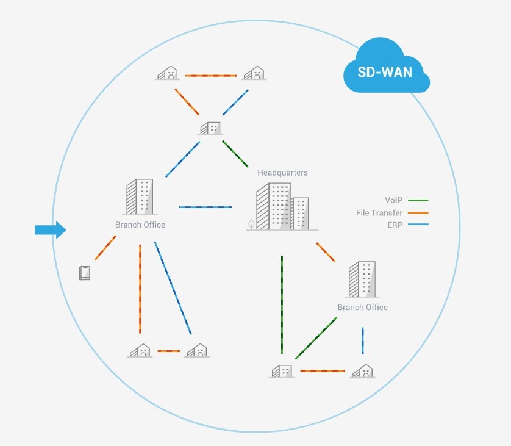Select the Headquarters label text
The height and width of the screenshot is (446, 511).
pos(282,173)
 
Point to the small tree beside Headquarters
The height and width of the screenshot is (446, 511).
pos(251,224)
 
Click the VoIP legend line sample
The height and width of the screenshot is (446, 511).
pos(418,200)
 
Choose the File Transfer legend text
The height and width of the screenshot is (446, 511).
pos(379,212)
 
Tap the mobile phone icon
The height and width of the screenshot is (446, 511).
pos(85,273)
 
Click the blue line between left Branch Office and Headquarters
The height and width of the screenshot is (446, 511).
pos(205,207)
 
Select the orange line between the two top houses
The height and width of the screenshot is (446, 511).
pos(211,76)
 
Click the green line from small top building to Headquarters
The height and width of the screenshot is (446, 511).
pos(235,154)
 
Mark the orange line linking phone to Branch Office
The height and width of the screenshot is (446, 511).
pos(105,248)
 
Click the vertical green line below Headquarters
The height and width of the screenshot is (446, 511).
pos(282,304)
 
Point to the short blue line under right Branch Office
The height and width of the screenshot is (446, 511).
pos(363,340)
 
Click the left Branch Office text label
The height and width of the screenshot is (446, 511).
pos(140,225)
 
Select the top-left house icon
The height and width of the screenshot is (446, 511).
pos(168,73)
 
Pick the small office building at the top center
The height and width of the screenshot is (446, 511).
pos(210,128)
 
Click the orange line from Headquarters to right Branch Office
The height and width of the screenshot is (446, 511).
pos(326,253)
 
